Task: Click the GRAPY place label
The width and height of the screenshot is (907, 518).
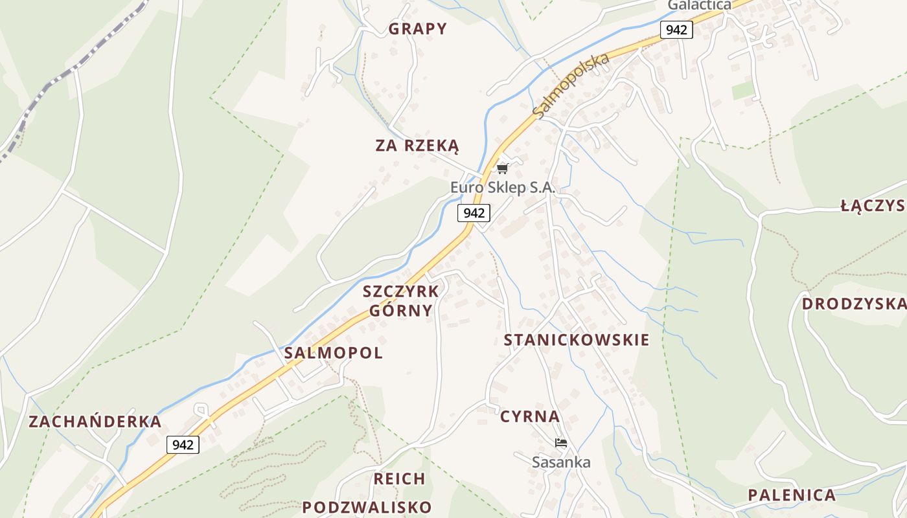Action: pyautogui.click(x=418, y=28)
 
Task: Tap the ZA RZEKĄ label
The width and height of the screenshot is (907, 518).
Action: pyautogui.click(x=417, y=146)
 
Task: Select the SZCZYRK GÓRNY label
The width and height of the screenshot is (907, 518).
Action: pyautogui.click(x=401, y=300)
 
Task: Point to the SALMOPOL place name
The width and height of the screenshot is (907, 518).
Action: pyautogui.click(x=334, y=353)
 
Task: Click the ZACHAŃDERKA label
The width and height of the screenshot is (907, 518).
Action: pyautogui.click(x=95, y=422)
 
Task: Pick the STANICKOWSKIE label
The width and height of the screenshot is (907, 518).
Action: pyautogui.click(x=577, y=340)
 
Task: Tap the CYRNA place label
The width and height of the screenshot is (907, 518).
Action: pyautogui.click(x=530, y=416)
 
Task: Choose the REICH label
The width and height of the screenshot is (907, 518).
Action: pyautogui.click(x=400, y=479)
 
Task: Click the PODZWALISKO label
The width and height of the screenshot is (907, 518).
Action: pyautogui.click(x=367, y=507)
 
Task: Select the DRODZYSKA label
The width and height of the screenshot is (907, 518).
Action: pyautogui.click(x=853, y=304)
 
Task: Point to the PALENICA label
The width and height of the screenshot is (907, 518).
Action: pyautogui.click(x=792, y=495)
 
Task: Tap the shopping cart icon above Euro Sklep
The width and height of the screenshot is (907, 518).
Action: pyautogui.click(x=502, y=169)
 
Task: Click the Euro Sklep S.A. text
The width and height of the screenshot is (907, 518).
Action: pyautogui.click(x=503, y=188)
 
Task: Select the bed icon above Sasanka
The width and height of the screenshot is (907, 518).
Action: pyautogui.click(x=561, y=443)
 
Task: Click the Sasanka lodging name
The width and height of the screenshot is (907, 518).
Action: pyautogui.click(x=561, y=462)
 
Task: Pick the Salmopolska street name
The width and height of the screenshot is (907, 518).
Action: pyautogui.click(x=571, y=85)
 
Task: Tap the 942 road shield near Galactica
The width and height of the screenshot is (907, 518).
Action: pyautogui.click(x=677, y=29)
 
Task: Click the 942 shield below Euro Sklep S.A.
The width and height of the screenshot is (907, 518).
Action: pyautogui.click(x=474, y=212)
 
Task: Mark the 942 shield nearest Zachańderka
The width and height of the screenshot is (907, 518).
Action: pyautogui.click(x=183, y=444)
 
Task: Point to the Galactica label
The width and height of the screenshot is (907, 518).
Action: pyautogui.click(x=699, y=5)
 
